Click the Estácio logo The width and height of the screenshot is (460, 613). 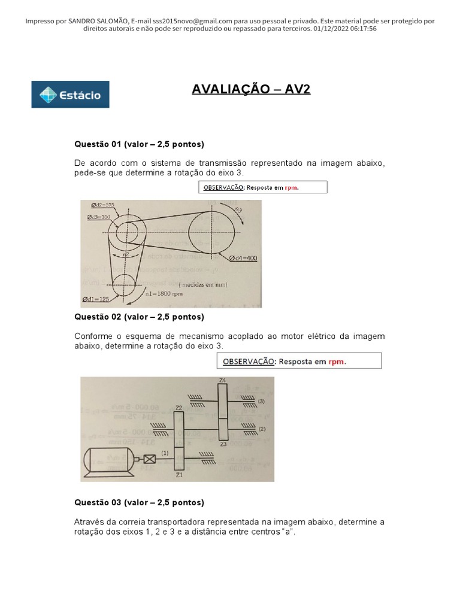[x=70, y=95]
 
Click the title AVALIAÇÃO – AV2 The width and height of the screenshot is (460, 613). [x=252, y=90]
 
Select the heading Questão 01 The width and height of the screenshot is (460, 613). [x=139, y=144]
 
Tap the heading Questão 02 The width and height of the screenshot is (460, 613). [x=139, y=317]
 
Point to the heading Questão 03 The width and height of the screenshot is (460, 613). [x=139, y=502]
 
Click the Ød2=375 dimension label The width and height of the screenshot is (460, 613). [x=100, y=205]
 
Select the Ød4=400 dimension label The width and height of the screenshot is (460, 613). [x=243, y=259]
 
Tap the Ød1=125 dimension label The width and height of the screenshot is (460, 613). [x=96, y=299]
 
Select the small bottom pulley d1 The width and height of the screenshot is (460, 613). [x=125, y=282]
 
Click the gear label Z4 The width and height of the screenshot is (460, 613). [x=222, y=381]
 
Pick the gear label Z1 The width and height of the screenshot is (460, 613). [x=178, y=474]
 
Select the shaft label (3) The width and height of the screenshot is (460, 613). [x=261, y=402]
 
